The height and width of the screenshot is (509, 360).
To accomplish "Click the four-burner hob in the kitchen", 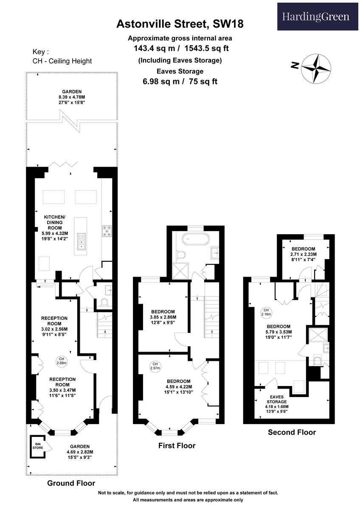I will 107,231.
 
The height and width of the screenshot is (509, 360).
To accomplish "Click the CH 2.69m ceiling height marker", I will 61,361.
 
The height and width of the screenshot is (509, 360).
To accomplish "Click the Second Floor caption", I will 292,433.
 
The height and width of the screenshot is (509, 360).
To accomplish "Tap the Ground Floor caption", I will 71,483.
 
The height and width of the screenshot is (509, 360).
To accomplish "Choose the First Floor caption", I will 177,445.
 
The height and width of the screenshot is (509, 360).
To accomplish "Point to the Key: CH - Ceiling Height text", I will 62,56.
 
